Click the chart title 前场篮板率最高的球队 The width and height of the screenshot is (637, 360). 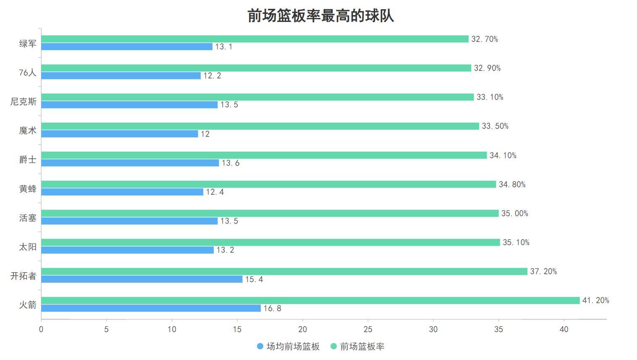point(320,16)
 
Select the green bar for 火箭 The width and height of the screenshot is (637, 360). point(310,300)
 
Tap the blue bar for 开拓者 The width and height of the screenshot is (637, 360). point(142,279)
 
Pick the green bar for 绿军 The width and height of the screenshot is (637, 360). point(255,39)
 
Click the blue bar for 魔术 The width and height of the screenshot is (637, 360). point(120,134)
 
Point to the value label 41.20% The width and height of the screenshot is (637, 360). point(595,300)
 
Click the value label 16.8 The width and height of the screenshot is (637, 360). point(272,308)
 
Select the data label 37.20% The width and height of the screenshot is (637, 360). point(543,271)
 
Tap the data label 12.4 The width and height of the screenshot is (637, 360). point(215,192)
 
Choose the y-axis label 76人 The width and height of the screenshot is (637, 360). point(28,73)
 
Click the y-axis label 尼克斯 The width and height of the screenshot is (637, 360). point(24,102)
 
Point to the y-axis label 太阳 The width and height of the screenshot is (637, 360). point(28,247)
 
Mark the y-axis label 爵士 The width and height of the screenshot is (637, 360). point(28,160)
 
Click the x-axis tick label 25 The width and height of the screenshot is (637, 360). point(368,329)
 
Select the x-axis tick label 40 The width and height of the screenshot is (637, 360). point(564,329)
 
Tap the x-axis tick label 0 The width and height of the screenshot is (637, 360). point(41,329)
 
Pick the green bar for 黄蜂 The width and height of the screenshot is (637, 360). point(269,184)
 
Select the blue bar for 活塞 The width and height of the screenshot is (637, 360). point(129,221)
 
